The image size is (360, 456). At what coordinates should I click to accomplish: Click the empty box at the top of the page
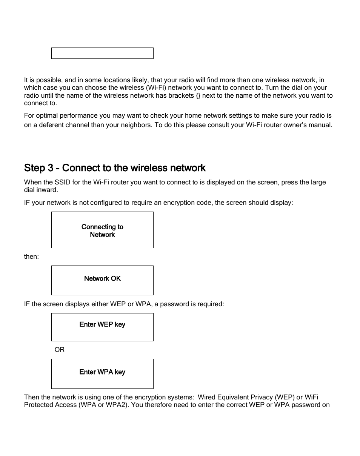point(102,53)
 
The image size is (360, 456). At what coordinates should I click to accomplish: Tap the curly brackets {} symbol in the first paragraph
point(198,95)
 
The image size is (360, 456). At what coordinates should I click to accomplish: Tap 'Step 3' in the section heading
point(40,167)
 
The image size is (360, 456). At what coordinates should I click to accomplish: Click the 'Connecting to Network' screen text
point(102,230)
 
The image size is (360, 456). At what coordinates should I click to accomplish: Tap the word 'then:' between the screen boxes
point(31,256)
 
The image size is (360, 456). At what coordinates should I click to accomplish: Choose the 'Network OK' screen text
point(102,279)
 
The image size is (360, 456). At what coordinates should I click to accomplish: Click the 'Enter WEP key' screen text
point(102,324)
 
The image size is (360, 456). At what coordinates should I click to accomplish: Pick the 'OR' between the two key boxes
point(60,350)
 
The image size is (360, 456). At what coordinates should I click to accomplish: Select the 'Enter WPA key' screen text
point(102,372)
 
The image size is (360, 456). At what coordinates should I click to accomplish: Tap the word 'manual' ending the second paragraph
point(321,125)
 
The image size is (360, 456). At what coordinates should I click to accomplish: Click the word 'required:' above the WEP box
point(212,304)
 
